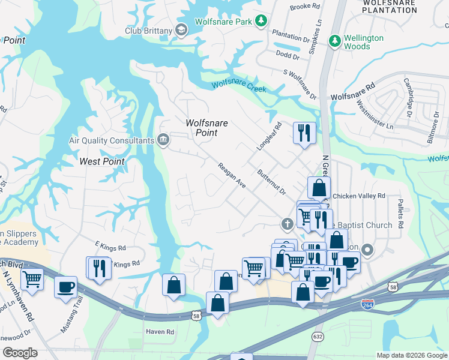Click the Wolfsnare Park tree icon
pyautogui.click(x=261, y=22)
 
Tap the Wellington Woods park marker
pyautogui.click(x=334, y=41)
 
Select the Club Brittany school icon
pyautogui.click(x=181, y=30)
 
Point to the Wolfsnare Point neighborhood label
pyautogui.click(x=206, y=128)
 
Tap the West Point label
pyautogui.click(x=102, y=161)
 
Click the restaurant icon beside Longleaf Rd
pyautogui.click(x=304, y=132)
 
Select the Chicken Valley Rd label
pyautogui.click(x=358, y=196)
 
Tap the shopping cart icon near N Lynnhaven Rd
pyautogui.click(x=32, y=278)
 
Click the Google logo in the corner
pyautogui.click(x=21, y=352)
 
